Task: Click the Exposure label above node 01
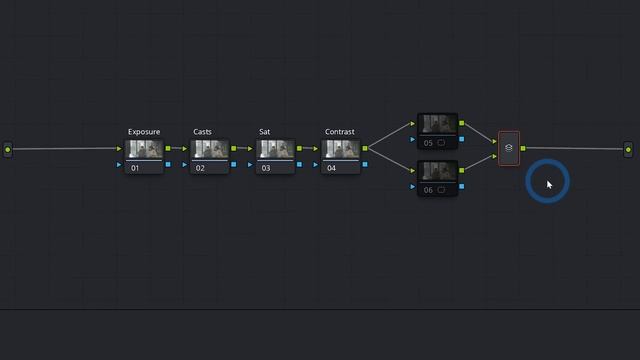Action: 144,132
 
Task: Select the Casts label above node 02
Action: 202,132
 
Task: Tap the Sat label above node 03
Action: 265,132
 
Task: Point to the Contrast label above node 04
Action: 340,132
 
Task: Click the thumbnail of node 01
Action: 145,149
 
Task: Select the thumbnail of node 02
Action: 211,149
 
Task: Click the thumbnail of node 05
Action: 438,124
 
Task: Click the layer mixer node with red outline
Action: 509,148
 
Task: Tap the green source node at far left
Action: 8,149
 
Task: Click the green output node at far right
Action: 629,149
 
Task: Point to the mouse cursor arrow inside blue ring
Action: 549,184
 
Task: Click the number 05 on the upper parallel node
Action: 428,142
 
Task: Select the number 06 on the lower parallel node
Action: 428,189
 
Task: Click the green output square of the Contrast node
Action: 365,149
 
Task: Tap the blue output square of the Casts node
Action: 234,164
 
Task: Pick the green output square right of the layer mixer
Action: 523,149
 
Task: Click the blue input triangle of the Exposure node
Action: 120,164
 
